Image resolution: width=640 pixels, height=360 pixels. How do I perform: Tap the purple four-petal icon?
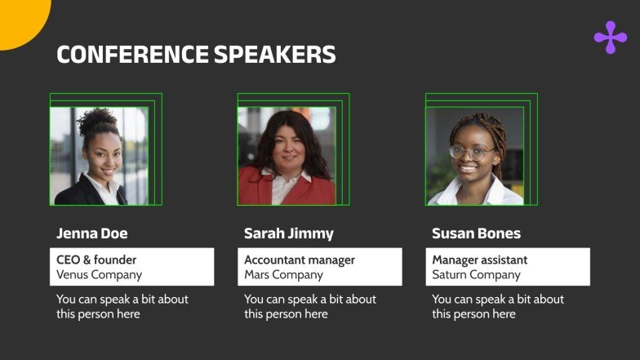(x=610, y=38)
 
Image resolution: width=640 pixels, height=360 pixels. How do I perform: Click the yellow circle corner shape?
(x=20, y=18)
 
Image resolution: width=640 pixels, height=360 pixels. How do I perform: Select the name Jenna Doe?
(x=91, y=233)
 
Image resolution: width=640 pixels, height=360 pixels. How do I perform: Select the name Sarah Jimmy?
(x=288, y=233)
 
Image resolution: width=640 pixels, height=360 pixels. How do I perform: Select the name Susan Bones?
(x=476, y=233)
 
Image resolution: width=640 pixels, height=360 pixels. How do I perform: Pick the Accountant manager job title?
(x=300, y=260)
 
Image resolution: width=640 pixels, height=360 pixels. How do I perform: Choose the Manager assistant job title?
(x=479, y=260)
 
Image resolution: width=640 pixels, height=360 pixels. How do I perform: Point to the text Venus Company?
(x=99, y=275)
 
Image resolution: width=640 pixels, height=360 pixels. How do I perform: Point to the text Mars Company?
(x=283, y=275)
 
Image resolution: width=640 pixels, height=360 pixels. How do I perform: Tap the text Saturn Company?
(x=476, y=275)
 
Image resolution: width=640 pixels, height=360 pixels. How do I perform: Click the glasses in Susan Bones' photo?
(x=472, y=152)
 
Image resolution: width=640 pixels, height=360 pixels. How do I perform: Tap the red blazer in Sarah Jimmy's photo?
(x=258, y=192)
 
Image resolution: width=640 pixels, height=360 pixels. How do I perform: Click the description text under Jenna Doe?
(x=122, y=307)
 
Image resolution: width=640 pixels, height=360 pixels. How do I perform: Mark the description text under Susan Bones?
(x=497, y=307)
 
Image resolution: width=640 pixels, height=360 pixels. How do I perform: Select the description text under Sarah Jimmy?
(x=309, y=307)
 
